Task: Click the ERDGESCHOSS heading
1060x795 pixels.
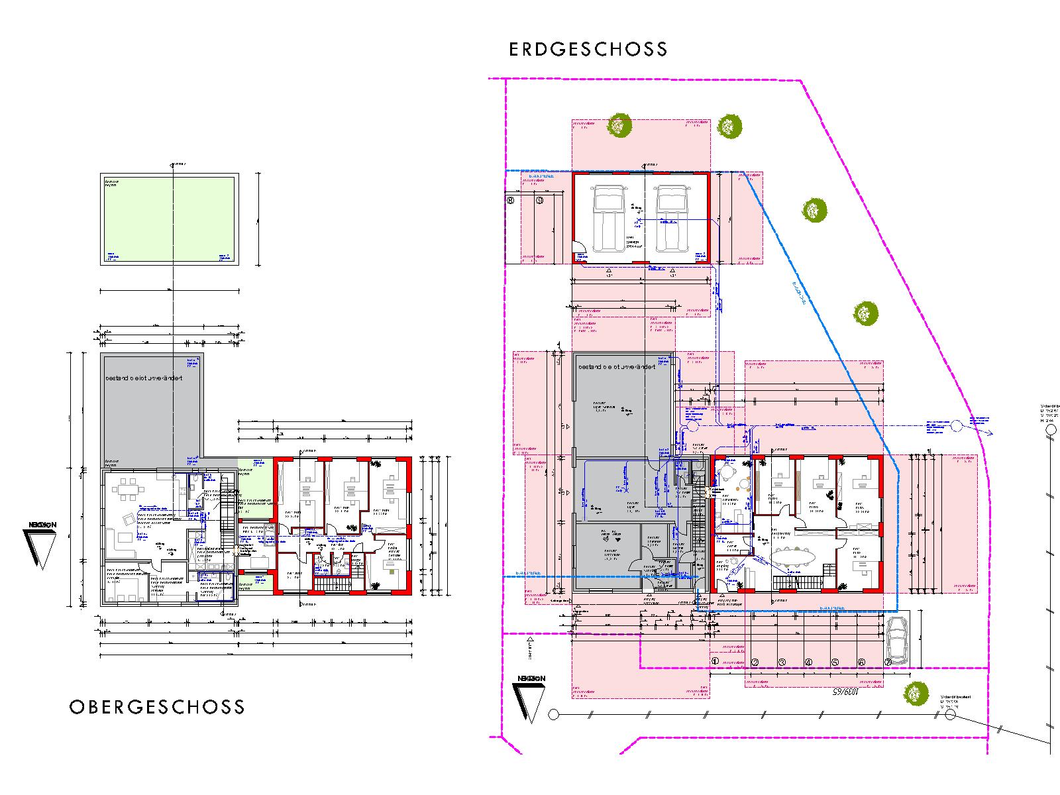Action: [588, 50]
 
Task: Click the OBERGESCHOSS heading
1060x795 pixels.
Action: [157, 707]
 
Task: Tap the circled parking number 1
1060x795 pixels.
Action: [715, 661]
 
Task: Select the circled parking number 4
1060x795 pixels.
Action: [808, 661]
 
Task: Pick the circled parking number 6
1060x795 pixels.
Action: [862, 661]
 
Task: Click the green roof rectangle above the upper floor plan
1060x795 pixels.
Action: [168, 219]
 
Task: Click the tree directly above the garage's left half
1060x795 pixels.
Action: [621, 125]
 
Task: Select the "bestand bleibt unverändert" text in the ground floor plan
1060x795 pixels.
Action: [617, 366]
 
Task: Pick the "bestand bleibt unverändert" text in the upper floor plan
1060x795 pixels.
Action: [144, 378]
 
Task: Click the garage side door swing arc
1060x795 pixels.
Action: [580, 254]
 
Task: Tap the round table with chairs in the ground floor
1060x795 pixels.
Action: [727, 475]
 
